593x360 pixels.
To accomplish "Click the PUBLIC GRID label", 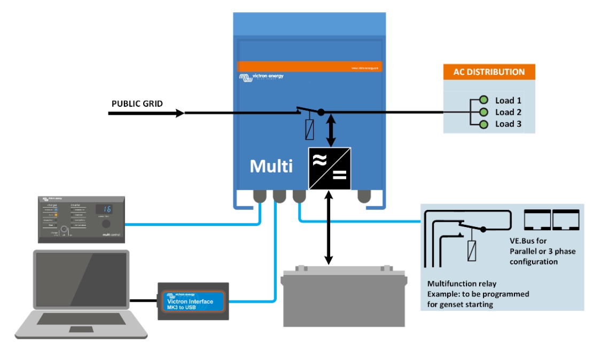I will click(137, 103).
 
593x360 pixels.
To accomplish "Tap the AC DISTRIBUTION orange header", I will click(489, 72).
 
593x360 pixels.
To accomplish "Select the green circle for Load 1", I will click(484, 100).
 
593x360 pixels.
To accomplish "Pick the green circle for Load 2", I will click(484, 112).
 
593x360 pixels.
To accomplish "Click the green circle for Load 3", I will click(484, 124).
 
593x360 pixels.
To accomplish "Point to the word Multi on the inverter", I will click(271, 166).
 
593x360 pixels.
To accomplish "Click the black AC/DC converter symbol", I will click(330, 168).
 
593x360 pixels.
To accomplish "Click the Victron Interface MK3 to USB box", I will click(193, 302).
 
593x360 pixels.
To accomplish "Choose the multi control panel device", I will click(81, 219).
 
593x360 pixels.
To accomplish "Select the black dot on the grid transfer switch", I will click(321, 112).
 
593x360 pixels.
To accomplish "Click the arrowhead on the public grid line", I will click(179, 113).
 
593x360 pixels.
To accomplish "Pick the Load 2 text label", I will click(508, 112).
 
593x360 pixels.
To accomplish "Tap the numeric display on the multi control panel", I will click(107, 209).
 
